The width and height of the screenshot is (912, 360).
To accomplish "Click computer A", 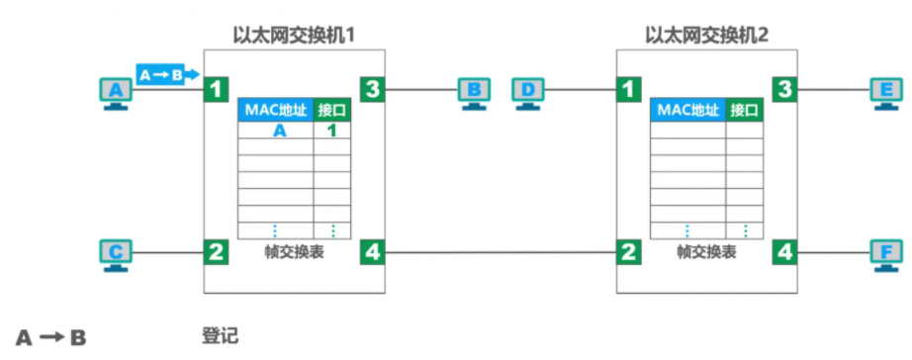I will pos(117,93).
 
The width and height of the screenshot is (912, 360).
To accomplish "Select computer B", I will pos(474,93).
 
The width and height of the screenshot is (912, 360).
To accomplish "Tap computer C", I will pos(117,254).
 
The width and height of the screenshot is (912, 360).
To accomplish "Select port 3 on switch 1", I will pos(372,90).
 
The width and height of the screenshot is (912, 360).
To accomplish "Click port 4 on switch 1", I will pos(372,252).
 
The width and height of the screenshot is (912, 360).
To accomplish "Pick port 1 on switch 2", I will pos(628,90).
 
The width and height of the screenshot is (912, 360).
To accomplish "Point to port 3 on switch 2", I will pos(784,90).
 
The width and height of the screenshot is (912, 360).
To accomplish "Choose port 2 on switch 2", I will pos(628,252).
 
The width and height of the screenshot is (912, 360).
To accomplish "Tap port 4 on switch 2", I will pos(784,252).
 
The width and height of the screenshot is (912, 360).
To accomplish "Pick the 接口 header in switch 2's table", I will pos(744,110).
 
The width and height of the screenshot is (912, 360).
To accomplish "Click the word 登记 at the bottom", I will pos(220,335).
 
